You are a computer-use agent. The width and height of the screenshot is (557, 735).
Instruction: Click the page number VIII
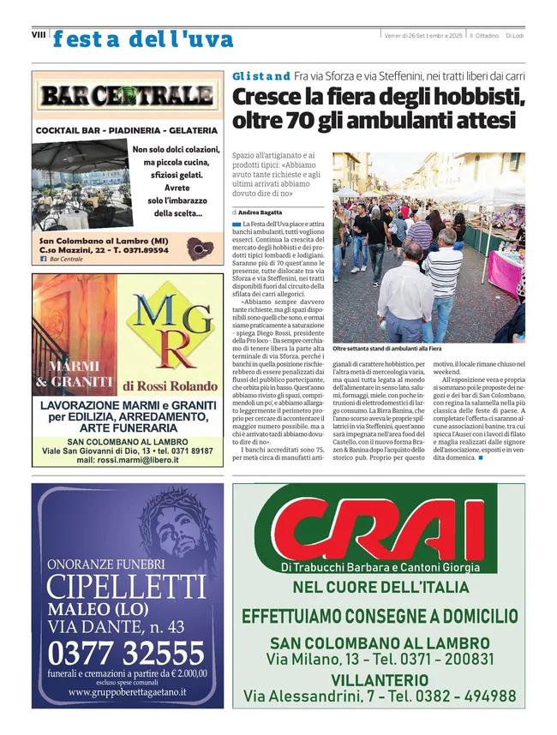tap(38, 35)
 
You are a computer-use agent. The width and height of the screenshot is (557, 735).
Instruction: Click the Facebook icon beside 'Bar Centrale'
tap(44, 259)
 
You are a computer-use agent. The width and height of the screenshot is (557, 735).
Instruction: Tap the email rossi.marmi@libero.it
tap(128, 460)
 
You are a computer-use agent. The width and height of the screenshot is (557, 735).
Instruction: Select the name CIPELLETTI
tap(127, 589)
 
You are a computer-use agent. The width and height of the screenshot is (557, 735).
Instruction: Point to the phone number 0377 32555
tap(127, 654)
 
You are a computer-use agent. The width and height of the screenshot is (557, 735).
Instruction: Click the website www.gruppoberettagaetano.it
tap(127, 692)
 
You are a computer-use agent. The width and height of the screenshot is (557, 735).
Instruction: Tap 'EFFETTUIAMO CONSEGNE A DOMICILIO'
tap(380, 616)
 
